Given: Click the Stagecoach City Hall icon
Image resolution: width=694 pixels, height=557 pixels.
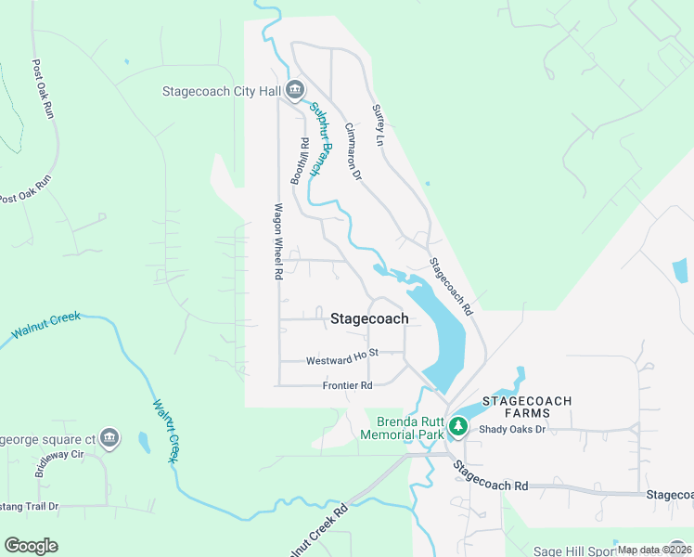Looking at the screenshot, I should point(295,91).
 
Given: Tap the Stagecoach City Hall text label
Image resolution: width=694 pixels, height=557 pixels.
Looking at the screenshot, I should point(223,92).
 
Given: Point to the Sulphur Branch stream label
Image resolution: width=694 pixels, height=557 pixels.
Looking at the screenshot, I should point(319,139).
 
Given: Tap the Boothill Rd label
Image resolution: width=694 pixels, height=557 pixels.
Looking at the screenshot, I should point(300,161).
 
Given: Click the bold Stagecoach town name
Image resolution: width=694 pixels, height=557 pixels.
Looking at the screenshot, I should point(369,318).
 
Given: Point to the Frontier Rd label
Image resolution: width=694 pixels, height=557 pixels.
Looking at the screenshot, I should point(347,385).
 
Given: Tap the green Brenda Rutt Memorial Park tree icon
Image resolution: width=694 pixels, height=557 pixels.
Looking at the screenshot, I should point(456,427).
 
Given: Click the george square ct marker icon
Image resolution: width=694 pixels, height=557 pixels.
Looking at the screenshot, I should point(109,438).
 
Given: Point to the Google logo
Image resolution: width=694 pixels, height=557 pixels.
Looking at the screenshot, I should point(31,546).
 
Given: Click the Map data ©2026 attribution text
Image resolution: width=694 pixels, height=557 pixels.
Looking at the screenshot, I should point(653,550).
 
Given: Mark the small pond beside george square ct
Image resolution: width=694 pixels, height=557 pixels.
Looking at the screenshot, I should point(144,442).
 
